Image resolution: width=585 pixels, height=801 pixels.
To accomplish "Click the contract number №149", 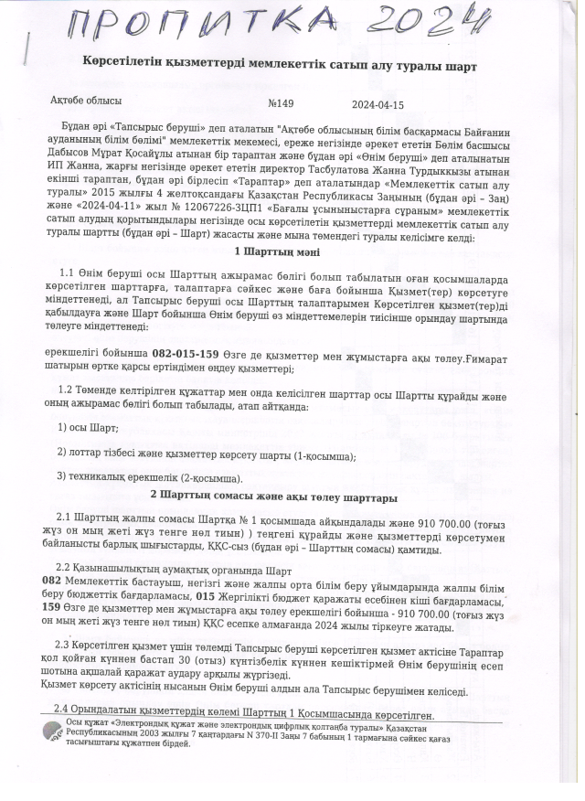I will click(281, 103).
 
